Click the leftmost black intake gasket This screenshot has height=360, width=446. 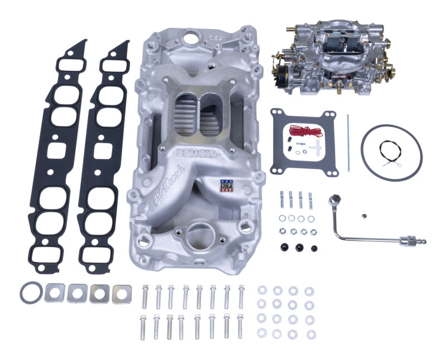60,151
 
